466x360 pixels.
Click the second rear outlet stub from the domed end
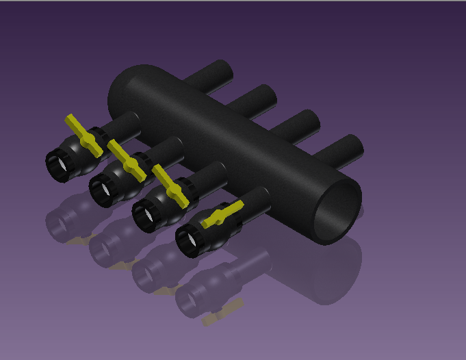point(257,99)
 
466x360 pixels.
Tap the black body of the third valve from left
point(161,203)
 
